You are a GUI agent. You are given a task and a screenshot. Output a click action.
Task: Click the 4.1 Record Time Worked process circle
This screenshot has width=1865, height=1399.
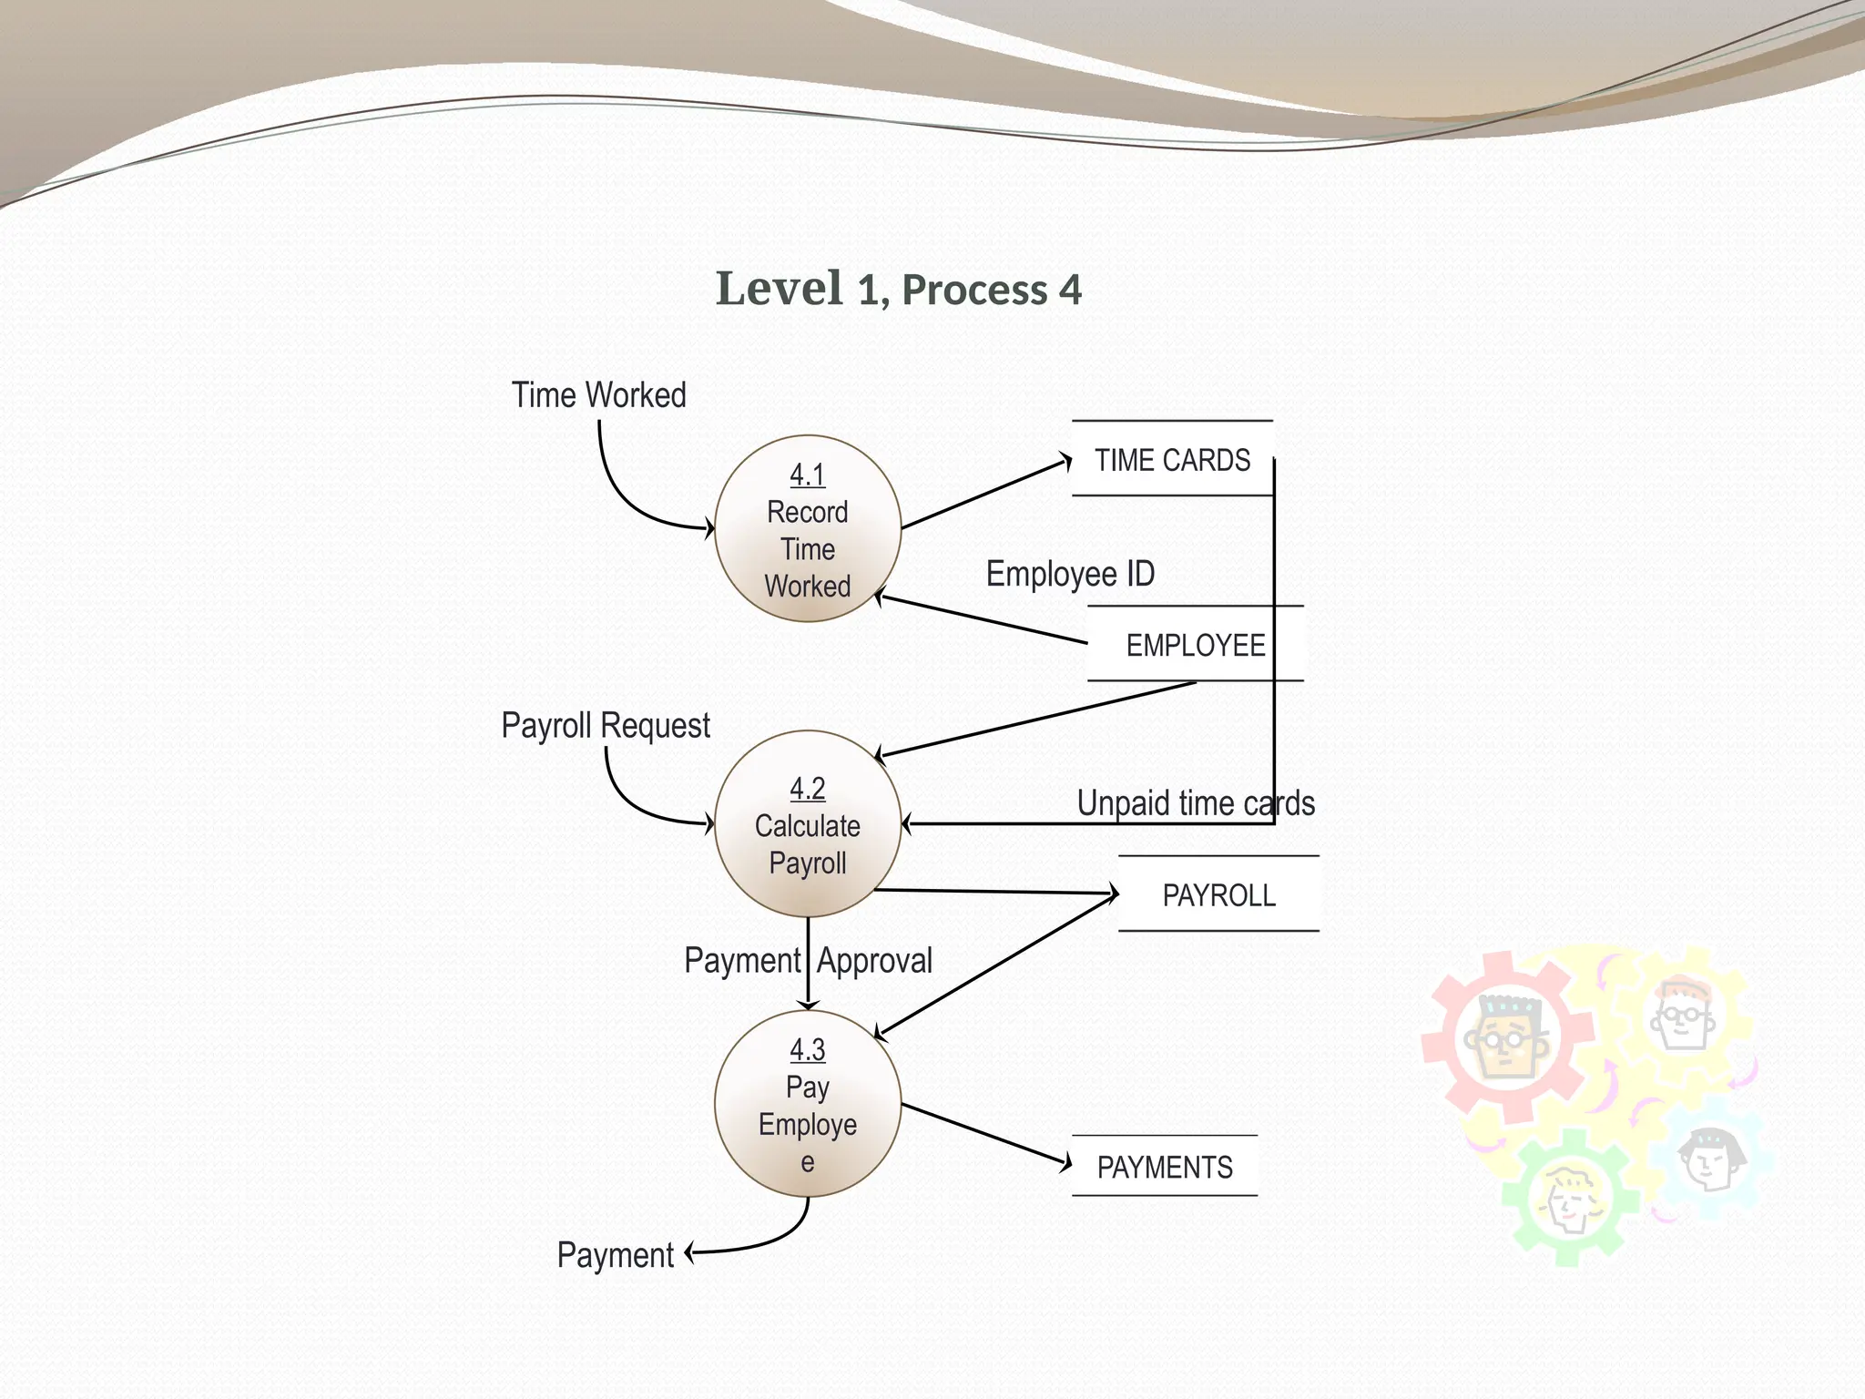tap(807, 529)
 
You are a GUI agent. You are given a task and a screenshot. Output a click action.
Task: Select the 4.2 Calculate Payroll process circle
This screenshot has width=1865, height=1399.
tap(807, 824)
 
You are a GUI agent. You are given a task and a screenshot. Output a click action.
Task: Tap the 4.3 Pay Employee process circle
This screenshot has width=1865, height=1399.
tap(807, 1104)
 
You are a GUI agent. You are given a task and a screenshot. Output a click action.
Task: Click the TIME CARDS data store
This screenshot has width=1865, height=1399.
tap(1172, 460)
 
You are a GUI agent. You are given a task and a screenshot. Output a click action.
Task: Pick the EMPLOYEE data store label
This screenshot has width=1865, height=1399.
tap(1195, 645)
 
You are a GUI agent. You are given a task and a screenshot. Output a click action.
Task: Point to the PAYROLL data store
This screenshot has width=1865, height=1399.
tap(1218, 895)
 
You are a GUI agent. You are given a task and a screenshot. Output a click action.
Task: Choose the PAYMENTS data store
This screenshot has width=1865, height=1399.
tap(1165, 1167)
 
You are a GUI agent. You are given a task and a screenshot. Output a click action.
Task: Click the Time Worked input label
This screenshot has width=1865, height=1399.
tap(598, 395)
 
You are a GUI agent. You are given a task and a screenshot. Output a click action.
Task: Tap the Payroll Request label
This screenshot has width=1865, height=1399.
tap(606, 726)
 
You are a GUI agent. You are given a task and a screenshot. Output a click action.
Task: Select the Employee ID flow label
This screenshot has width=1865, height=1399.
tap(1070, 574)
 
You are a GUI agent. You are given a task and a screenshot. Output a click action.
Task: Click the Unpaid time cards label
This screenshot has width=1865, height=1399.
tap(1195, 803)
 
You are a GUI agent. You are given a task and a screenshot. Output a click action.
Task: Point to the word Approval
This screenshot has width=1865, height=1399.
tap(874, 961)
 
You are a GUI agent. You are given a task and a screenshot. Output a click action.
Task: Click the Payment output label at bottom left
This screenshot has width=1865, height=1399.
tap(615, 1255)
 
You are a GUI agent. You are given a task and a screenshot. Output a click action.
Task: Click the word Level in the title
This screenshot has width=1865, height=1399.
tap(779, 289)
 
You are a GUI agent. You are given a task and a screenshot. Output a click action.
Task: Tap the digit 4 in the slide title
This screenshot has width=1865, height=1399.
tap(1070, 291)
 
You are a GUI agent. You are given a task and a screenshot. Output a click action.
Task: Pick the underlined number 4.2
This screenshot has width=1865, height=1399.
tap(807, 789)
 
